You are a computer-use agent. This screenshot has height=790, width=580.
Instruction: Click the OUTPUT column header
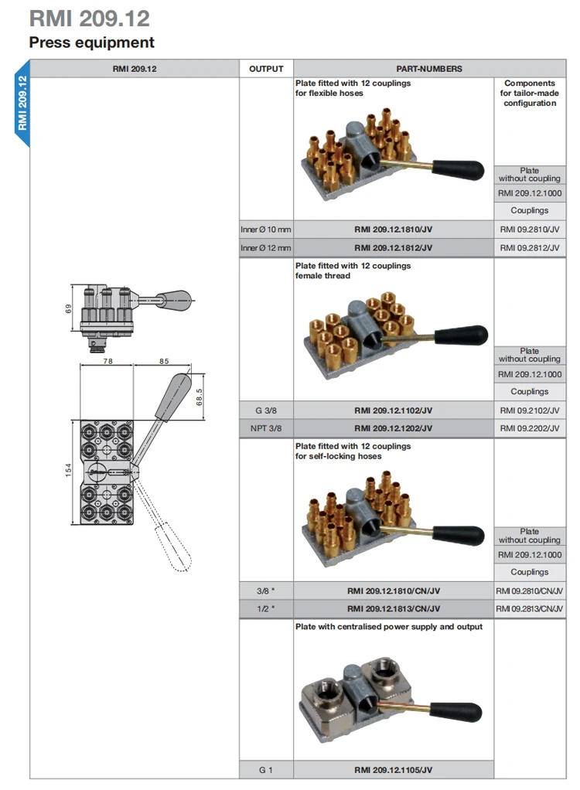[266, 69]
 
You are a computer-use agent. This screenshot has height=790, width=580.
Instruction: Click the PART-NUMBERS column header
[429, 69]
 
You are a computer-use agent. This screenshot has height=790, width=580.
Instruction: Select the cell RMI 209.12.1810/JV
[393, 230]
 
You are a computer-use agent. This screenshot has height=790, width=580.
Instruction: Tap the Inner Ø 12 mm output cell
[265, 248]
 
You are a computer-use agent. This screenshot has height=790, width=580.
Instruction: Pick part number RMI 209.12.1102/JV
[393, 410]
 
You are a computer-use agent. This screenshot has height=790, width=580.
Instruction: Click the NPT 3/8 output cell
[266, 428]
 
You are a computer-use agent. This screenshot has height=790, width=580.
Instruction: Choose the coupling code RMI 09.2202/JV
[530, 428]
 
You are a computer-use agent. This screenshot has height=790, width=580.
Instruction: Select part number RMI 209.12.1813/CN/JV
[394, 608]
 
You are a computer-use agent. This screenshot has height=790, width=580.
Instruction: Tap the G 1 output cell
[265, 770]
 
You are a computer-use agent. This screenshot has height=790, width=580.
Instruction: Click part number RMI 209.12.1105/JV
[393, 770]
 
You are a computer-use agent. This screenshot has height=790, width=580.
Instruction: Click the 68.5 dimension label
[200, 397]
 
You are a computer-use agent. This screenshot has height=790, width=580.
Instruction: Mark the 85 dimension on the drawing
[164, 361]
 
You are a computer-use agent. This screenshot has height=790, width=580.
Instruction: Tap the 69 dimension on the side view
[68, 308]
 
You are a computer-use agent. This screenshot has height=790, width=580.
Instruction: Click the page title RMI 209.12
[89, 19]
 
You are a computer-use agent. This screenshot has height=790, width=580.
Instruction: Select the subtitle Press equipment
[92, 43]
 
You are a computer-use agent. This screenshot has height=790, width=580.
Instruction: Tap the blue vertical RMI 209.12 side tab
[22, 103]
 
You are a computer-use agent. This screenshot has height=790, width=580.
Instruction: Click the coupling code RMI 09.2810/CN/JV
[530, 591]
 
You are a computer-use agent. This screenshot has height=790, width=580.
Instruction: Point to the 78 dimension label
[107, 361]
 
